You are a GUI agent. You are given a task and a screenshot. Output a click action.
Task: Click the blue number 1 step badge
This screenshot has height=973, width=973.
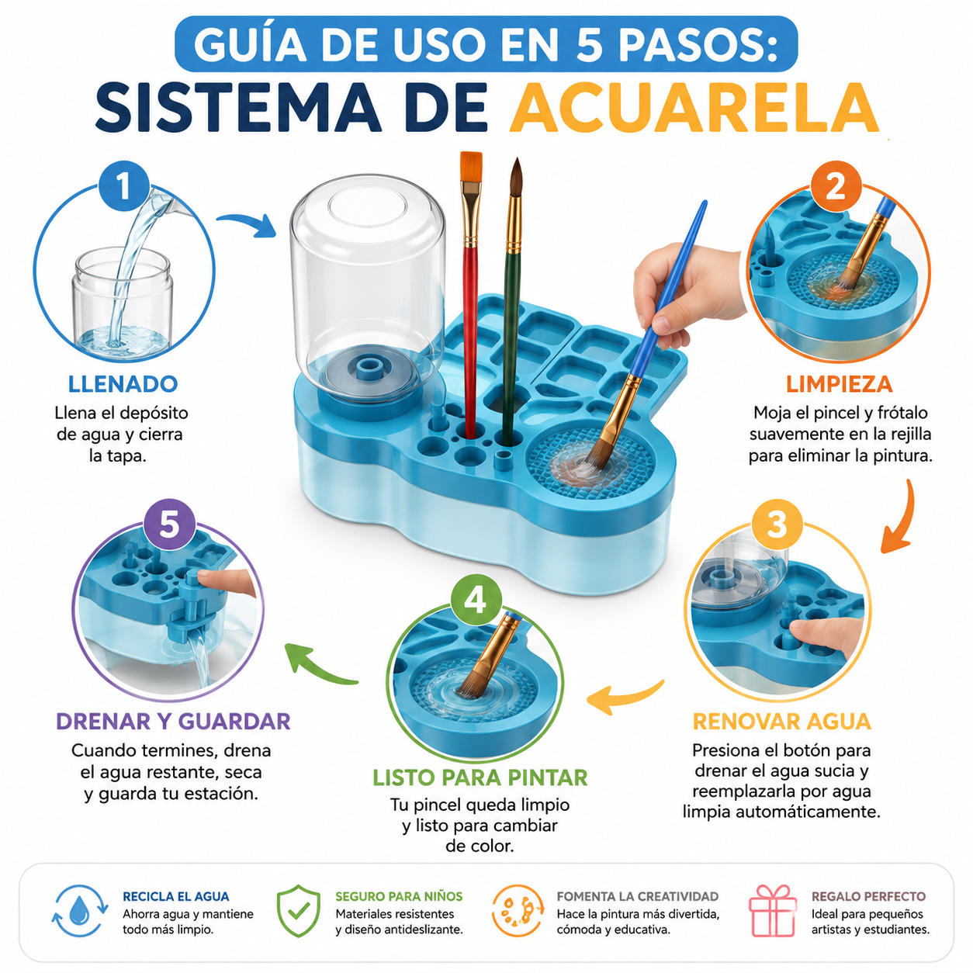[x=124, y=185]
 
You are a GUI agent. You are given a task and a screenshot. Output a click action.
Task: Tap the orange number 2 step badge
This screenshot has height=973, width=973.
[x=836, y=185]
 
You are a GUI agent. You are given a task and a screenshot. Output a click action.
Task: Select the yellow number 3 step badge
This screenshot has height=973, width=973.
[x=777, y=525]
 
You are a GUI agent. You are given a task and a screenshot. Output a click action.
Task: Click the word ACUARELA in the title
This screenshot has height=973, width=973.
[x=694, y=108]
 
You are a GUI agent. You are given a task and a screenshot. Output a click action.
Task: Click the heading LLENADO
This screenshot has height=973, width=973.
[x=123, y=384]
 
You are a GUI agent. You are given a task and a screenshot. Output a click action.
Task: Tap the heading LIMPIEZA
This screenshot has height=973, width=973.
[x=840, y=384]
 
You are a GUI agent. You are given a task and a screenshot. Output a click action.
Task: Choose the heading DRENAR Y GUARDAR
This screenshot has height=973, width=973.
[x=173, y=721]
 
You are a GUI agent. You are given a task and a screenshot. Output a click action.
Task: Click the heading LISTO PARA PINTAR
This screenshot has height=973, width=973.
[x=480, y=777]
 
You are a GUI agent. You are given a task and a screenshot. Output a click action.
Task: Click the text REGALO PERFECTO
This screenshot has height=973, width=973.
[x=868, y=896]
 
